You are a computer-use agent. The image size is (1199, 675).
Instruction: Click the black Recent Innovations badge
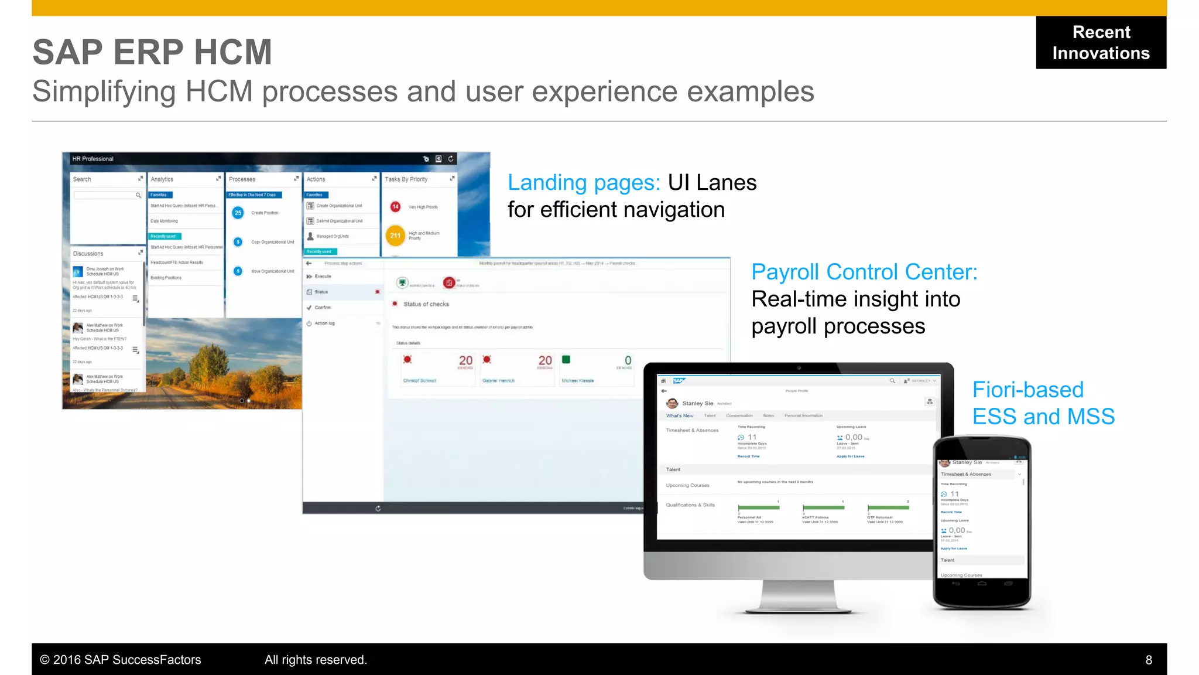(1101, 42)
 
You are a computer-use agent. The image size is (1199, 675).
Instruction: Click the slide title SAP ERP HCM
(152, 52)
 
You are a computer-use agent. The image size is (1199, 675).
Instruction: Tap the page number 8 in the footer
(1149, 660)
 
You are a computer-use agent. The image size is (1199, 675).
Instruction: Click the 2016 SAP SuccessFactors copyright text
(121, 660)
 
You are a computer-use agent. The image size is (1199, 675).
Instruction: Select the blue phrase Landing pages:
(584, 183)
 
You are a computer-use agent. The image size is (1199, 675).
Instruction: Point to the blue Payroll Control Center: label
(864, 272)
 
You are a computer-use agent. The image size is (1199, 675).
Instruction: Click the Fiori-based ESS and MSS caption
(1043, 403)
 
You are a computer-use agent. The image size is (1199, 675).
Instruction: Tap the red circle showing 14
(396, 206)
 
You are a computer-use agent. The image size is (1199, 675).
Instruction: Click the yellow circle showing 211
(396, 236)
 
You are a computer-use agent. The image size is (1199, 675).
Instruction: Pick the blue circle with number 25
(238, 213)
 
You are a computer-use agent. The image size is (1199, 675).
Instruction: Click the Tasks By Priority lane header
(406, 179)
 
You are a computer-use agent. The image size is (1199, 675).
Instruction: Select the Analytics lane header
(162, 179)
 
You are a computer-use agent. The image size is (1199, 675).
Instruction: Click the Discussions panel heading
(88, 254)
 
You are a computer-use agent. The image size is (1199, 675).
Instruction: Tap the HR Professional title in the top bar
(93, 159)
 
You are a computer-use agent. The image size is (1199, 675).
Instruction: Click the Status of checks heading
(426, 304)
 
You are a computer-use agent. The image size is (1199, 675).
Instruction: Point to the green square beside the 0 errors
(566, 359)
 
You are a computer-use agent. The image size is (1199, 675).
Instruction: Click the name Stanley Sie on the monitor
(697, 403)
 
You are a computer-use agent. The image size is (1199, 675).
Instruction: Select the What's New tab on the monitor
(679, 416)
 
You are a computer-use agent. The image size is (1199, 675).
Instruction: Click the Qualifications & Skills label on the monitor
(690, 505)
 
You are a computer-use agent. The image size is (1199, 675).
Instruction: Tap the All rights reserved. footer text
(316, 660)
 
